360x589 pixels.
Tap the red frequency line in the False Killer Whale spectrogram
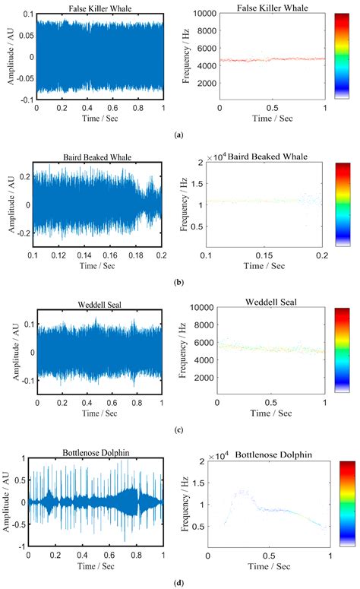click(x=271, y=59)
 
